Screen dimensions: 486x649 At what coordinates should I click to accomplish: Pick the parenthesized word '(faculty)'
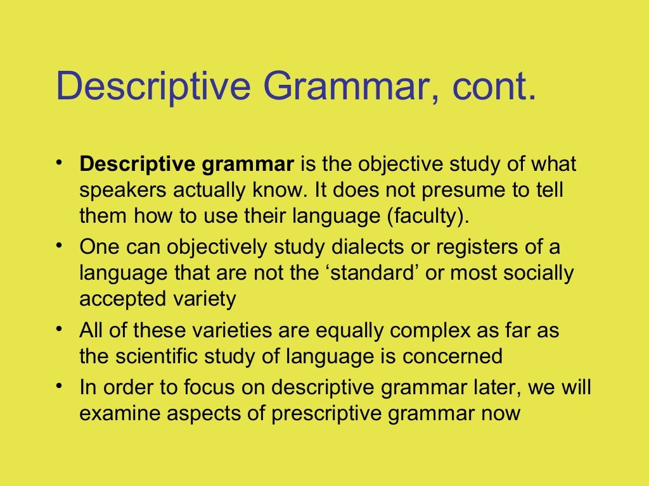428,216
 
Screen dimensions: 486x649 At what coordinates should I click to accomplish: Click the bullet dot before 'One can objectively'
59,244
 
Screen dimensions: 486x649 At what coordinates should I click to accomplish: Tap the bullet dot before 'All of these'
59,327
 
